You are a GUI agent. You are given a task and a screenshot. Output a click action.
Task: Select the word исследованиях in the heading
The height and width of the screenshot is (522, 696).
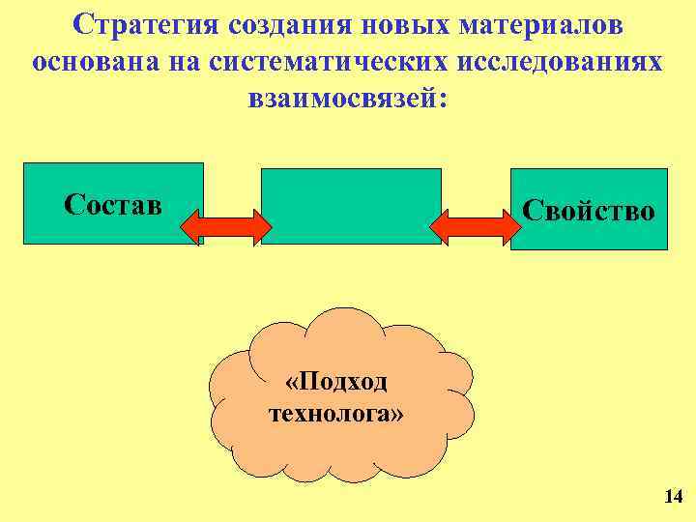[x=562, y=62]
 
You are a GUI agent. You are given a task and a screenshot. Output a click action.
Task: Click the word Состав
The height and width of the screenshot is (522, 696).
[x=112, y=204]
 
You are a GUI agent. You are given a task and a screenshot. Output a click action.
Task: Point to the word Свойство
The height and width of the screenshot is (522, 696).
[x=589, y=211]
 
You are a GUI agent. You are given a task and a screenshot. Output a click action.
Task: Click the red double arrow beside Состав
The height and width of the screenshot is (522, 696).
[x=226, y=226]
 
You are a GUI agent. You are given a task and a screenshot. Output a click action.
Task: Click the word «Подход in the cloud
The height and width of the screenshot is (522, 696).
[x=336, y=382]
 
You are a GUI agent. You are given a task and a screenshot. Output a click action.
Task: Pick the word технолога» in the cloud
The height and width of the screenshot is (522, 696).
[x=336, y=414]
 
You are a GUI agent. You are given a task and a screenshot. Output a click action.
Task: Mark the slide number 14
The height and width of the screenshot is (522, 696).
[x=674, y=497]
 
